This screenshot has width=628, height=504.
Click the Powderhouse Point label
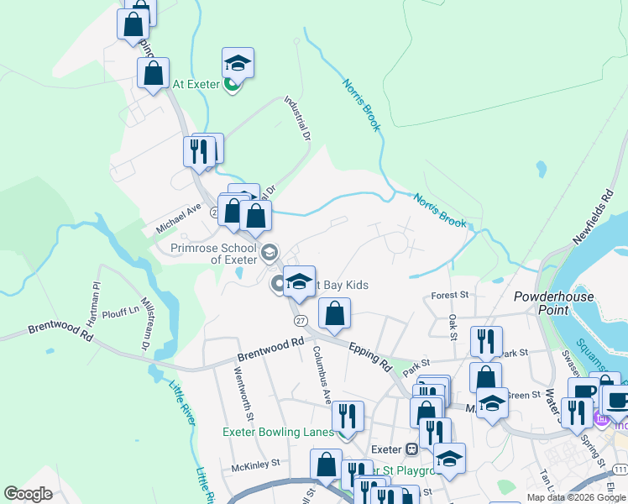click(553, 303)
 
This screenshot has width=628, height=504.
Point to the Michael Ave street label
click(179, 220)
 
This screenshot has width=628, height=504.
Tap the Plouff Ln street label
click(123, 310)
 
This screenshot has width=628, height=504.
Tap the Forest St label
click(449, 296)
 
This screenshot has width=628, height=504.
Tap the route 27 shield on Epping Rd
click(300, 321)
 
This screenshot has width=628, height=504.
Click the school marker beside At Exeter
click(238, 64)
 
